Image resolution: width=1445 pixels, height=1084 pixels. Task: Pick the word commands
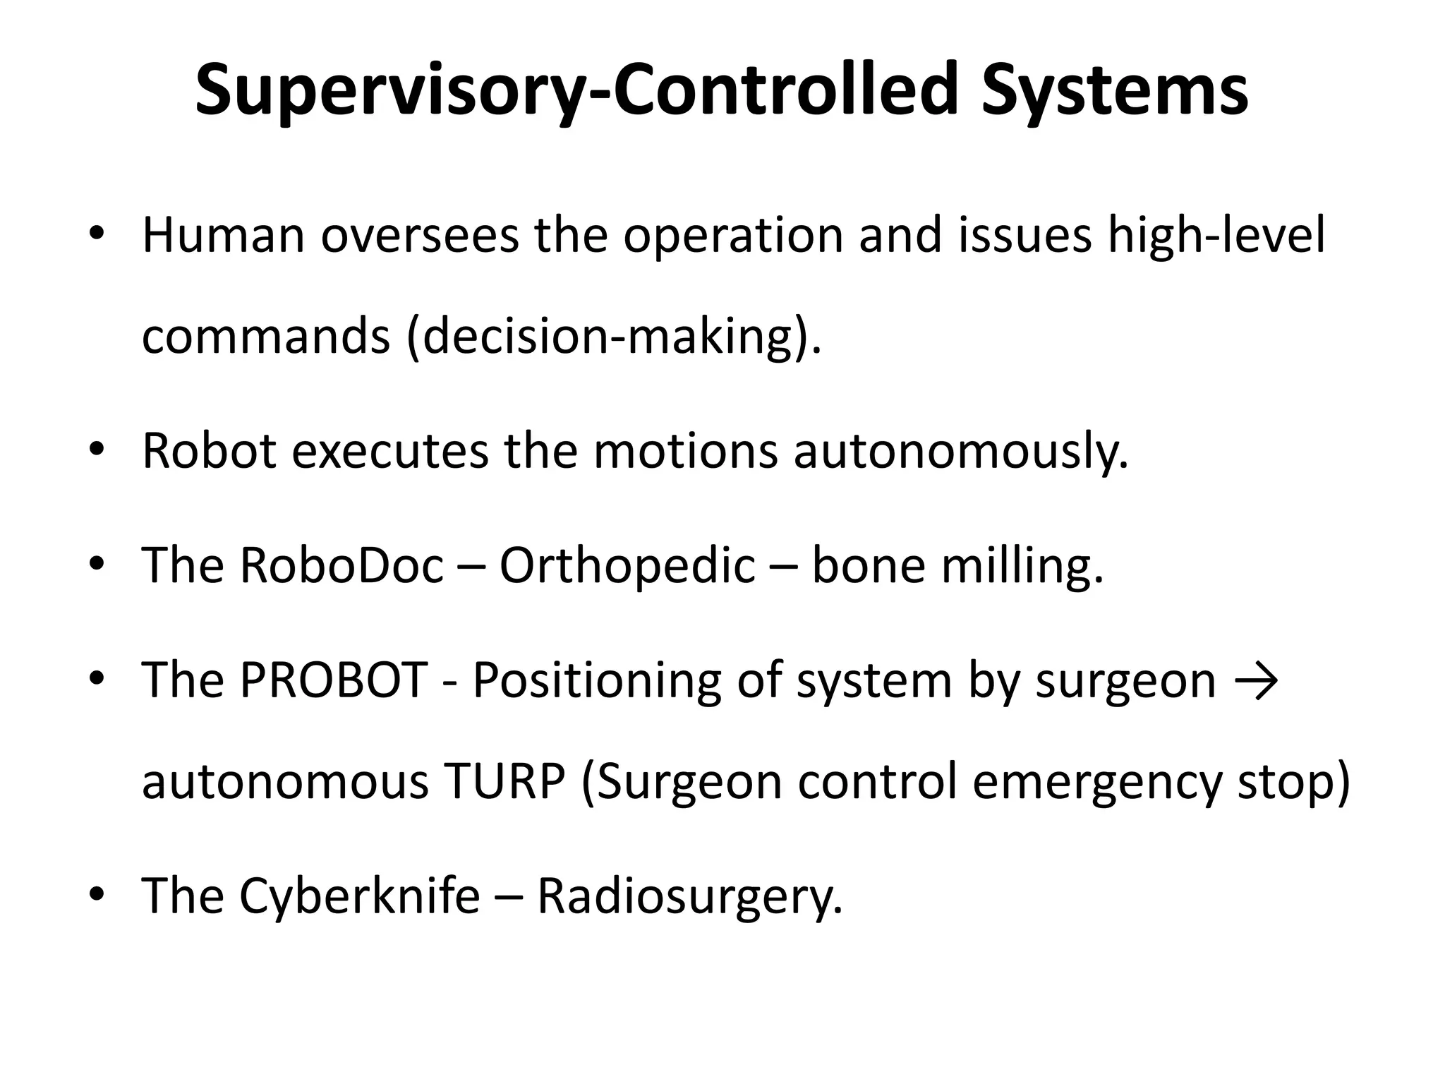[x=266, y=337]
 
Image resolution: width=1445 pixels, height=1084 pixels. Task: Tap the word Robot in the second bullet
[x=209, y=451]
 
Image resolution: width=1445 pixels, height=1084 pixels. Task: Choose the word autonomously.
[x=961, y=451]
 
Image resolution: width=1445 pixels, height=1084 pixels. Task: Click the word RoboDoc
[x=341, y=565]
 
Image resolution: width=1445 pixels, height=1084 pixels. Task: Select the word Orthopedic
[x=627, y=565]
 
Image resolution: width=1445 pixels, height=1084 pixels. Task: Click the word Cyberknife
[x=360, y=896]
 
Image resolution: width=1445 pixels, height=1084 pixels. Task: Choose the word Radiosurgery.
[x=690, y=896]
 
